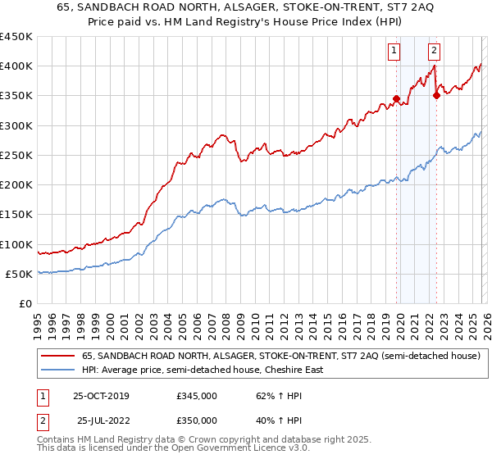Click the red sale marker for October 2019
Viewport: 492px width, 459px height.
(x=396, y=99)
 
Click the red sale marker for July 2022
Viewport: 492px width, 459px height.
(x=436, y=95)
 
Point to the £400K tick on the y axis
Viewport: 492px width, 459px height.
(x=16, y=66)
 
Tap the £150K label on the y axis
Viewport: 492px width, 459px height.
(x=16, y=215)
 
